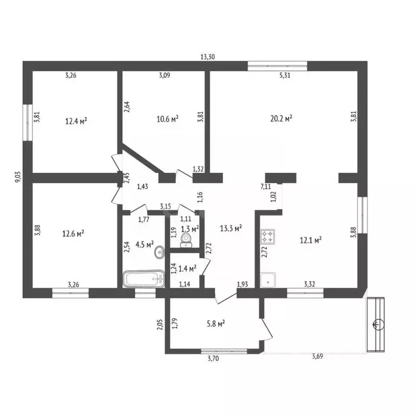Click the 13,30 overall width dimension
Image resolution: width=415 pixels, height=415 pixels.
pyautogui.click(x=208, y=57)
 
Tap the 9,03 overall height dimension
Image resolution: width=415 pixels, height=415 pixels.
pyautogui.click(x=17, y=178)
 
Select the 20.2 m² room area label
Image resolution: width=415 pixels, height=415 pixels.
pyautogui.click(x=282, y=118)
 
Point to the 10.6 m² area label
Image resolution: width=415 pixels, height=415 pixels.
pyautogui.click(x=168, y=118)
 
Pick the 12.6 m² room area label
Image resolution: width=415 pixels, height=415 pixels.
pyautogui.click(x=73, y=233)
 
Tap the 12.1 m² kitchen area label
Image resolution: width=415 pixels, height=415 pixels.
pyautogui.click(x=311, y=239)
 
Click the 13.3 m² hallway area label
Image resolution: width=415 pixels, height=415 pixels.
pyautogui.click(x=230, y=228)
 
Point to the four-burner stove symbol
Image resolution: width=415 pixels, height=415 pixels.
pyautogui.click(x=268, y=236)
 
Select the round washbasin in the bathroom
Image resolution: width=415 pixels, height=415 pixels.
pyautogui.click(x=158, y=253)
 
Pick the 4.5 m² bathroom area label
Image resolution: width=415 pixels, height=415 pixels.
pyautogui.click(x=144, y=244)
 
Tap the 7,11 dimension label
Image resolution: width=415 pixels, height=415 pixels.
pyautogui.click(x=266, y=186)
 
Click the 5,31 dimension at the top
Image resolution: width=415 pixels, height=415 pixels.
pyautogui.click(x=285, y=76)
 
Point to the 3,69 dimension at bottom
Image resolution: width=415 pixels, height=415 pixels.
pyautogui.click(x=319, y=356)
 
